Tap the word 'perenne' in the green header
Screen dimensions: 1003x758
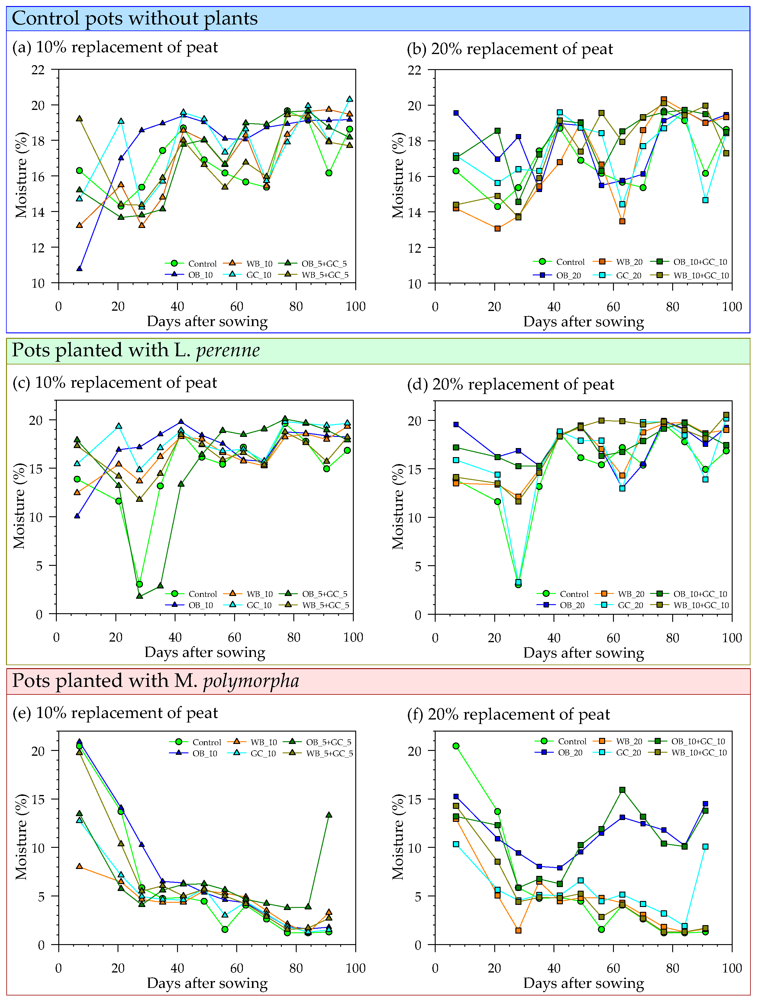(228, 350)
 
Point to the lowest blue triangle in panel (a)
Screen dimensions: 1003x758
(79, 268)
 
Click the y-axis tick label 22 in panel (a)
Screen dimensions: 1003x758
(38, 70)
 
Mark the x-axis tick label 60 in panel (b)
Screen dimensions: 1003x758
(613, 307)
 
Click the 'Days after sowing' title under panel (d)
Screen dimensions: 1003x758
(583, 653)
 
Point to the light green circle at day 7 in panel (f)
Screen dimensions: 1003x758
(456, 746)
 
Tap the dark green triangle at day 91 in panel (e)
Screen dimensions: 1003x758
(329, 815)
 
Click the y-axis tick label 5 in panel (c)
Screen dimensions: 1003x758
(39, 566)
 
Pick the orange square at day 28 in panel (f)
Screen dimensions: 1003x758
(518, 931)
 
